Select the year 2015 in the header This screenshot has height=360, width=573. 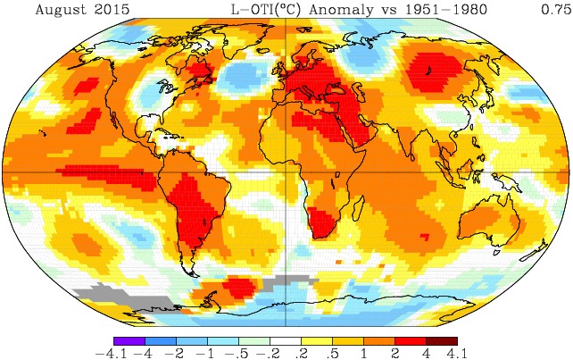[107, 10]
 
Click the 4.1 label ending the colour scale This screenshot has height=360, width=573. [458, 353]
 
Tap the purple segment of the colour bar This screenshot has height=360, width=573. [129, 339]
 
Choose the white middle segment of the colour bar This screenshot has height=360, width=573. [286, 339]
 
